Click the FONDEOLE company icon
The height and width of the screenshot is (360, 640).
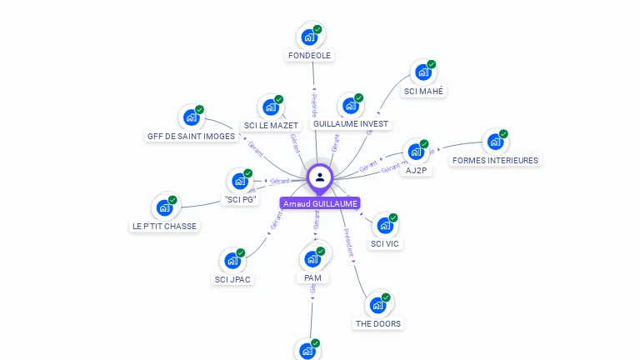(309, 37)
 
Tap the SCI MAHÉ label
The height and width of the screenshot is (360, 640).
(423, 92)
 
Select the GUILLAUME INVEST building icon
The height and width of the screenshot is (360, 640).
(351, 107)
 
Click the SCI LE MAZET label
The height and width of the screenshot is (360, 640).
(271, 125)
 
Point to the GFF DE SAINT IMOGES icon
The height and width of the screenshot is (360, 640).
(192, 118)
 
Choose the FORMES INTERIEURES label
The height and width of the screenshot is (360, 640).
(495, 160)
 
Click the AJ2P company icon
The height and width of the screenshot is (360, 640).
(416, 153)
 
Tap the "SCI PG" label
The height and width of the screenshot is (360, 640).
(240, 199)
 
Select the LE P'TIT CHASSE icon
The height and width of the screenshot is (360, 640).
(164, 208)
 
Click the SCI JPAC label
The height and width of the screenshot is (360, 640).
(233, 279)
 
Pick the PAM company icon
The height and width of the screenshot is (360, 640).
(312, 259)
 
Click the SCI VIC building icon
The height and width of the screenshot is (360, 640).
(385, 226)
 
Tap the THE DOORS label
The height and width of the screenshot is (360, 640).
(378, 323)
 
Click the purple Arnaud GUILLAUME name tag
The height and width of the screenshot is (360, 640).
(320, 203)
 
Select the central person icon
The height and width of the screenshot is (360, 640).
(320, 177)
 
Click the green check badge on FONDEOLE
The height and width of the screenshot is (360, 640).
(317, 29)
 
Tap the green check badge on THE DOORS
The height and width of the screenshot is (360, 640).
(387, 296)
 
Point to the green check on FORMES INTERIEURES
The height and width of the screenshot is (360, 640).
(503, 133)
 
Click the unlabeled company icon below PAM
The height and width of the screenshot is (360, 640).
(307, 351)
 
